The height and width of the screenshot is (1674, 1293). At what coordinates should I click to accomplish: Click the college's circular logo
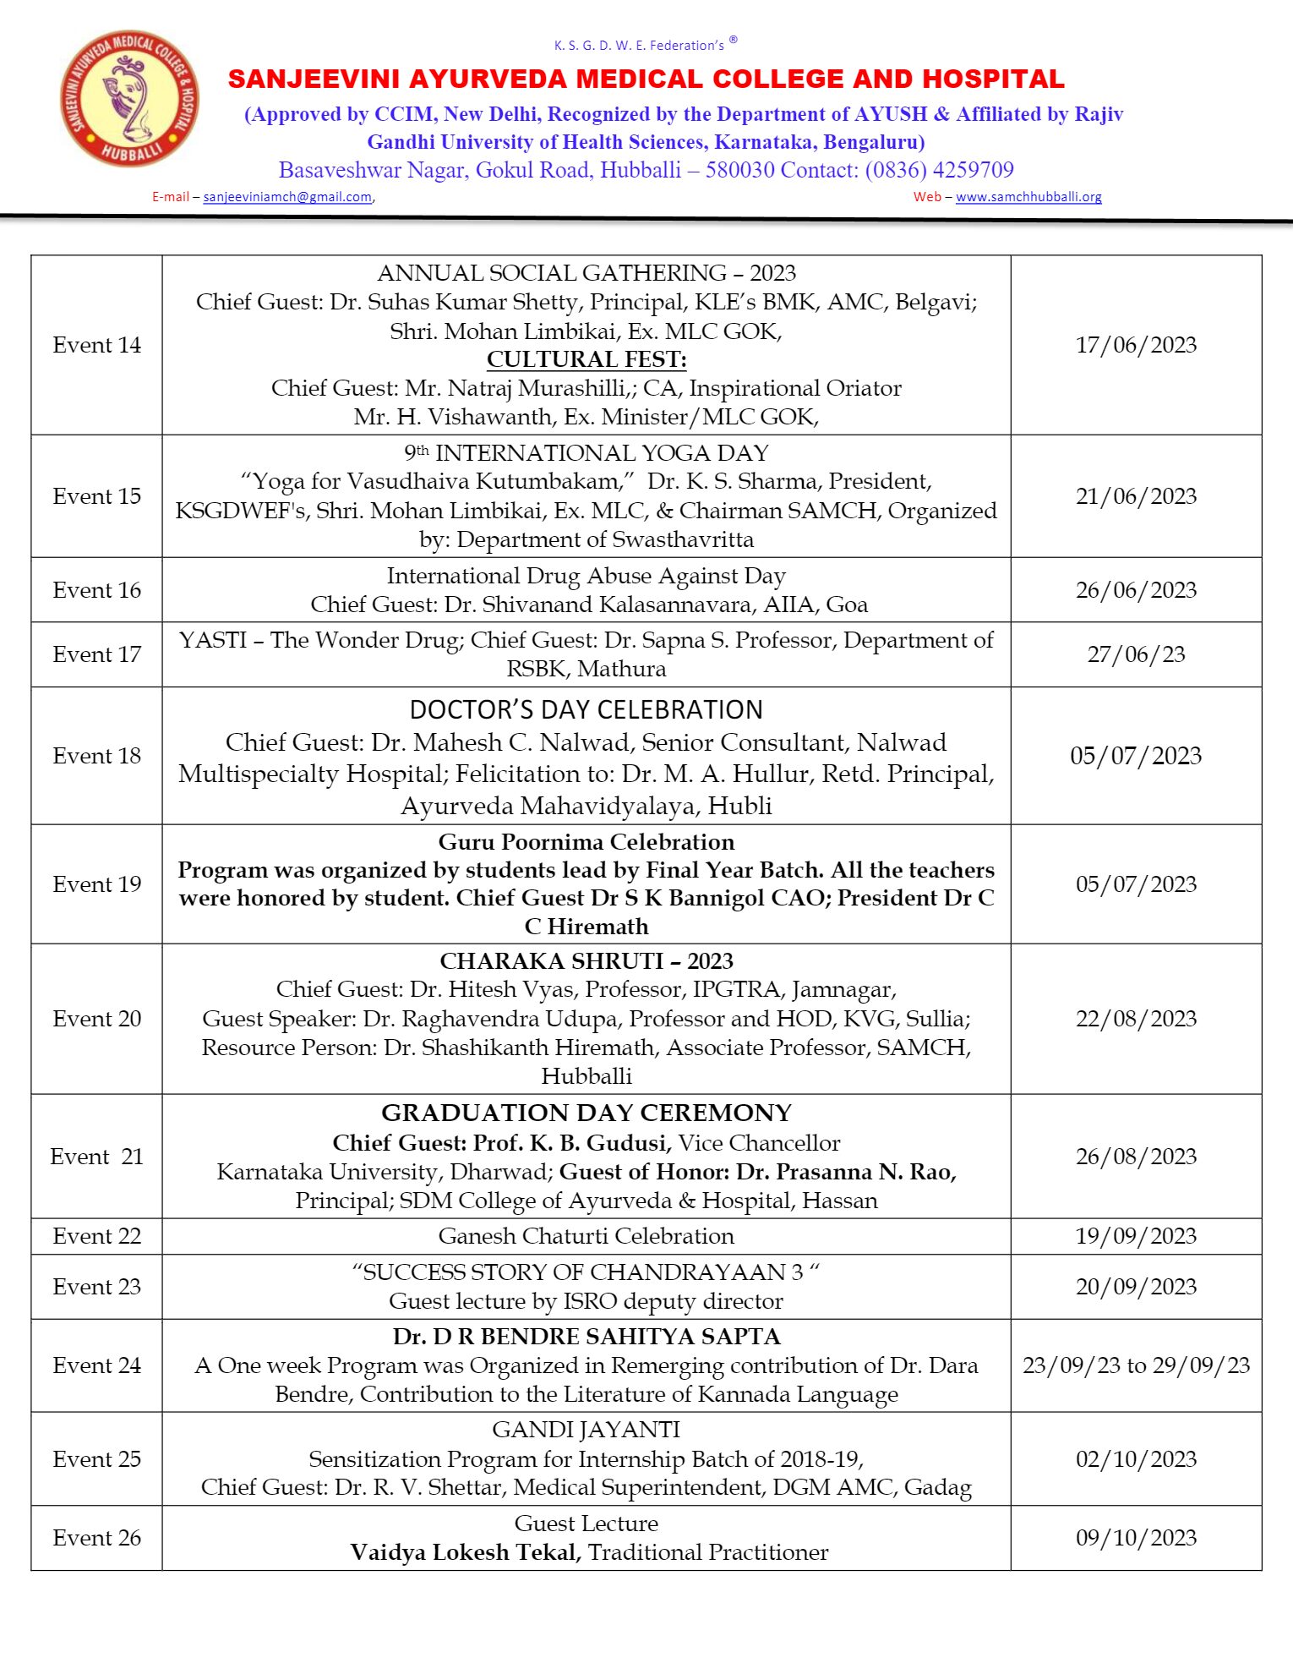point(129,99)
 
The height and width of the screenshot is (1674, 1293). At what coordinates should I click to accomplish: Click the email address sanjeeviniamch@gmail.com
point(287,197)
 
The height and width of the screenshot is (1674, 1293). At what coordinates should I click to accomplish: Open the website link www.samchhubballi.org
point(1028,197)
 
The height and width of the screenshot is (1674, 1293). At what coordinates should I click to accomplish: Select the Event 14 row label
point(96,345)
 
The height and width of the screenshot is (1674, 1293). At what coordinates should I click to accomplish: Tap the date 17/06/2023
point(1136,345)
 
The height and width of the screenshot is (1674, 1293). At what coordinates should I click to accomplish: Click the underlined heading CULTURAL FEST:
point(586,359)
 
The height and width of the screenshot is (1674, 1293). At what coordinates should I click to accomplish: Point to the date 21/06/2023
point(1136,496)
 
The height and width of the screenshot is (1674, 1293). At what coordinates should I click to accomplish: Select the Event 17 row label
point(96,654)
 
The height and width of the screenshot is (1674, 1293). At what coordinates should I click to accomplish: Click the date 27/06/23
point(1136,654)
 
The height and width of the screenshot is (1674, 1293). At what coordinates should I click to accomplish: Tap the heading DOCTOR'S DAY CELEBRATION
point(586,709)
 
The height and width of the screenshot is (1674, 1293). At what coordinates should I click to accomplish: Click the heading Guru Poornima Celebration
point(586,842)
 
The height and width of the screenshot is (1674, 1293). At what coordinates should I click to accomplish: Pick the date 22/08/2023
point(1136,1019)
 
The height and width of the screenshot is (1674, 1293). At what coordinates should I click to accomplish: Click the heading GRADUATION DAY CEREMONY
point(586,1113)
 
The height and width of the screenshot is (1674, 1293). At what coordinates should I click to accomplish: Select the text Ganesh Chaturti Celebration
point(586,1236)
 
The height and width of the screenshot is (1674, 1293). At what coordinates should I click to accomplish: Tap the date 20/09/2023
point(1136,1287)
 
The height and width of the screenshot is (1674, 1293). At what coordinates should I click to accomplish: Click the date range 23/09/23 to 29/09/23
point(1136,1365)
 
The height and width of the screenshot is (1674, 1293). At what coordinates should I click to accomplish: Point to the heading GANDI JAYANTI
point(586,1430)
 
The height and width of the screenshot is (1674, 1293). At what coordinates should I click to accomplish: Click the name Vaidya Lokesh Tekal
point(465,1552)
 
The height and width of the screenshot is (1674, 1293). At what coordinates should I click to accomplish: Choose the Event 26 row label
point(96,1538)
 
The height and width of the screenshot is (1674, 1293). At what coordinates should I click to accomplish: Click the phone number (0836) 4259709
point(939,170)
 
